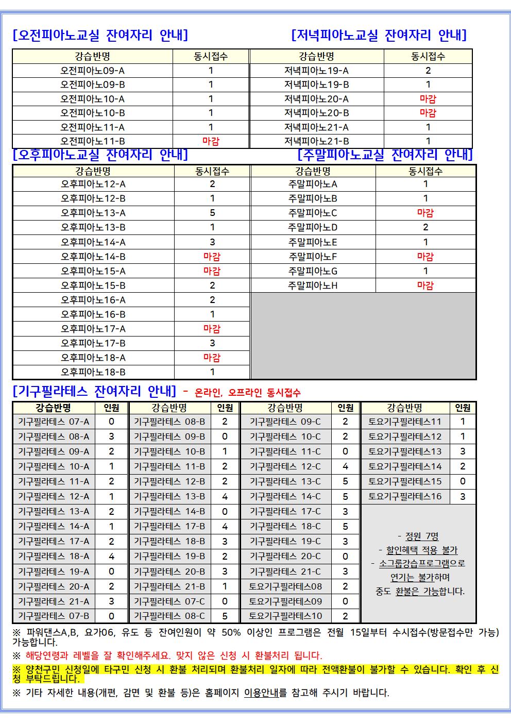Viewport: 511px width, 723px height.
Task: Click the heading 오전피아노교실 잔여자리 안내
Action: pos(100,35)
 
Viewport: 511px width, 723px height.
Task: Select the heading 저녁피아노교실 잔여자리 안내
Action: pos(379,35)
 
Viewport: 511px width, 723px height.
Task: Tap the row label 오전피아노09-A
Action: pos(93,71)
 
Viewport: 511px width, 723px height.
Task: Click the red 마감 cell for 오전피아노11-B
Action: pos(211,141)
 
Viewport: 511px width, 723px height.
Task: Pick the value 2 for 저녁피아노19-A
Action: pos(428,71)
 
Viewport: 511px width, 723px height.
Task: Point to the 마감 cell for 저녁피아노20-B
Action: pos(428,113)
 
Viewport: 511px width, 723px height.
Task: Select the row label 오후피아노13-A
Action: pos(93,213)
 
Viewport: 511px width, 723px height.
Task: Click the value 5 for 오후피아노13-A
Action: pos(212,213)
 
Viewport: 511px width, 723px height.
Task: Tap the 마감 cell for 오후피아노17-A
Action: pos(212,329)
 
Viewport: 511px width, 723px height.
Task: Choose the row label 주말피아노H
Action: pos(313,285)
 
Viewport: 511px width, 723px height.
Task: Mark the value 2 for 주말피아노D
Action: pos(425,227)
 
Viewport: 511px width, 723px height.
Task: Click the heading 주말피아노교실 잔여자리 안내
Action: pos(385,154)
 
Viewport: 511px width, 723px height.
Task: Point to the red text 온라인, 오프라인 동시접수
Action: pos(247,393)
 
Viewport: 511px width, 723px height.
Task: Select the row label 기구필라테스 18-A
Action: pos(54,556)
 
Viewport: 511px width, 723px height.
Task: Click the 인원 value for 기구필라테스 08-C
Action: pos(225,616)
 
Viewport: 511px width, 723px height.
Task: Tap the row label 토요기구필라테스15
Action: pos(405,481)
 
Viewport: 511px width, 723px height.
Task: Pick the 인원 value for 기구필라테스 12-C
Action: pos(345,466)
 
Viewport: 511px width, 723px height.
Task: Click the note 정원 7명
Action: pos(418,536)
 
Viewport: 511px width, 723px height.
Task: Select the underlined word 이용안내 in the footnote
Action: pos(262,693)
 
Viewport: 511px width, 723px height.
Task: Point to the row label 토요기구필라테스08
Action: pos(285,586)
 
